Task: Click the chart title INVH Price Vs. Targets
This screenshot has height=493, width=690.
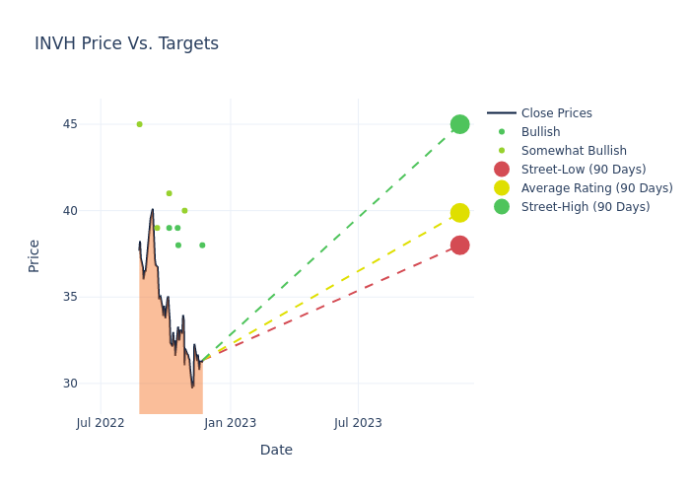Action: pyautogui.click(x=127, y=43)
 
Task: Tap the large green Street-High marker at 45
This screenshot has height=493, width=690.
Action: pyautogui.click(x=460, y=124)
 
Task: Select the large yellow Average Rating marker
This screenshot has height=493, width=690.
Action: pyautogui.click(x=460, y=213)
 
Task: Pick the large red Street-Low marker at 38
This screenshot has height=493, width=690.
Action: pyautogui.click(x=460, y=246)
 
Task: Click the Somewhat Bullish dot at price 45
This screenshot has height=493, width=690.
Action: pyautogui.click(x=140, y=124)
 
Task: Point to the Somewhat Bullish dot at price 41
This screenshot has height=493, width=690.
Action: pyautogui.click(x=169, y=193)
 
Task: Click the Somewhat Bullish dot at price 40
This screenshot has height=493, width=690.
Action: pyautogui.click(x=185, y=210)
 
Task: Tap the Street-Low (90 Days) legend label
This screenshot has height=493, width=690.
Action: pyautogui.click(x=584, y=169)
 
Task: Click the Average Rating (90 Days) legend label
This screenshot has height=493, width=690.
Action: pyautogui.click(x=597, y=188)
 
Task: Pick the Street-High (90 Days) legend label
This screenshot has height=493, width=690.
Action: pyautogui.click(x=586, y=207)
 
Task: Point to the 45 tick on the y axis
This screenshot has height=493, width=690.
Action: pyautogui.click(x=70, y=124)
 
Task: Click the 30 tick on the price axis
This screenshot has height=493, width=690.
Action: pyautogui.click(x=70, y=384)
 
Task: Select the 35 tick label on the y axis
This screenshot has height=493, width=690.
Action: pyautogui.click(x=70, y=297)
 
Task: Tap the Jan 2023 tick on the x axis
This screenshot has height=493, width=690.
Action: pyautogui.click(x=230, y=423)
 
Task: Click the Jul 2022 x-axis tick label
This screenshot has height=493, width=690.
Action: pyautogui.click(x=101, y=423)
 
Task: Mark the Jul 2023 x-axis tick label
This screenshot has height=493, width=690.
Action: pyautogui.click(x=358, y=423)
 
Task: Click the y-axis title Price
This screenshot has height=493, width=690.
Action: pyautogui.click(x=34, y=256)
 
